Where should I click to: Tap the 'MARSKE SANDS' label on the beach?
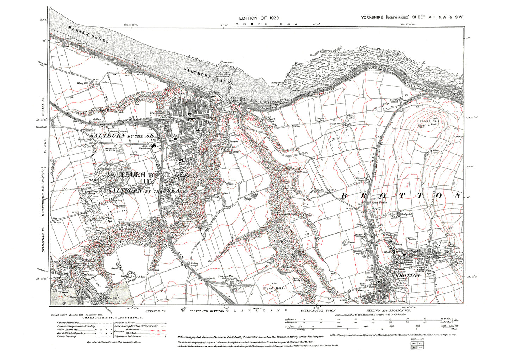88,35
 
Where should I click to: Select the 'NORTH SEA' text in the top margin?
267,24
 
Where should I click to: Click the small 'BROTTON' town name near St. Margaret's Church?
408,275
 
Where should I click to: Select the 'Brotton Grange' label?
357,252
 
